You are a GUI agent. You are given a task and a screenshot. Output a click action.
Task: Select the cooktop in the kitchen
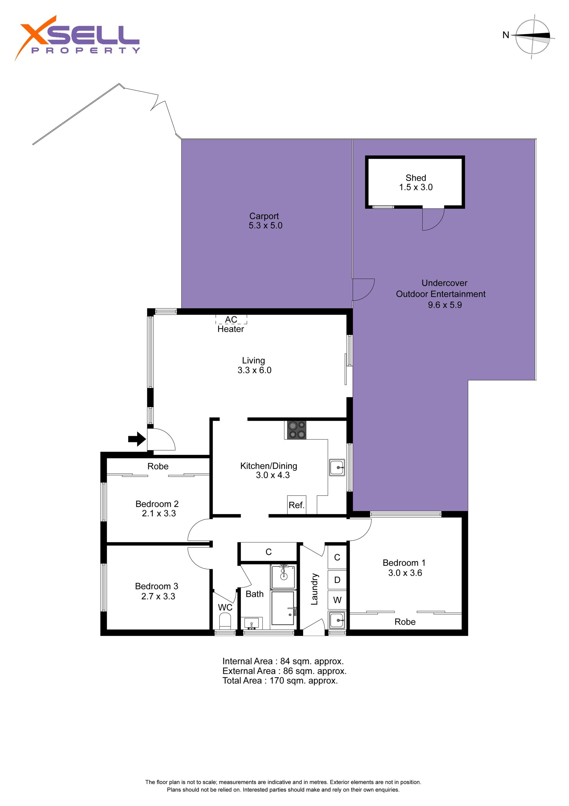click(x=297, y=430)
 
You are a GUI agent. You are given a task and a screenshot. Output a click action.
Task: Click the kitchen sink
click(x=337, y=468)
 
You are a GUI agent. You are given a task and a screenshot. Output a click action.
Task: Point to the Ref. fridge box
click(x=297, y=505)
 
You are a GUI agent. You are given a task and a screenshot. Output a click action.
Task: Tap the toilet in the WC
click(x=225, y=621)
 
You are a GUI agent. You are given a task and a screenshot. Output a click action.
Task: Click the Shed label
click(x=416, y=178)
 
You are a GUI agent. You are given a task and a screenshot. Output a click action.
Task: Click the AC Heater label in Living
click(x=231, y=324)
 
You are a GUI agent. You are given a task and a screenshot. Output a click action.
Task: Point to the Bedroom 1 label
click(x=404, y=563)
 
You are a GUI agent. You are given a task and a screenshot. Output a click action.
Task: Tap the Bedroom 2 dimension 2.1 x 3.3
click(x=159, y=513)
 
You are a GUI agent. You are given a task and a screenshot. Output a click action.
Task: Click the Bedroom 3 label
click(x=156, y=586)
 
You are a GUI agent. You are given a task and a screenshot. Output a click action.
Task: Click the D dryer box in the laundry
click(x=337, y=580)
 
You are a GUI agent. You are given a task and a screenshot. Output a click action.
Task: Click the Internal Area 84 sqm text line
click(x=283, y=661)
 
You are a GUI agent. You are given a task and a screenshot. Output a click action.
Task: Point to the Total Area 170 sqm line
click(x=280, y=681)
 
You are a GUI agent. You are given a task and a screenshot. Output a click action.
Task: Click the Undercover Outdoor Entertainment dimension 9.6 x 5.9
click(x=445, y=305)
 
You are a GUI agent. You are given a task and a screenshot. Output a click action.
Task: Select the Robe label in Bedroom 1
click(x=405, y=622)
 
